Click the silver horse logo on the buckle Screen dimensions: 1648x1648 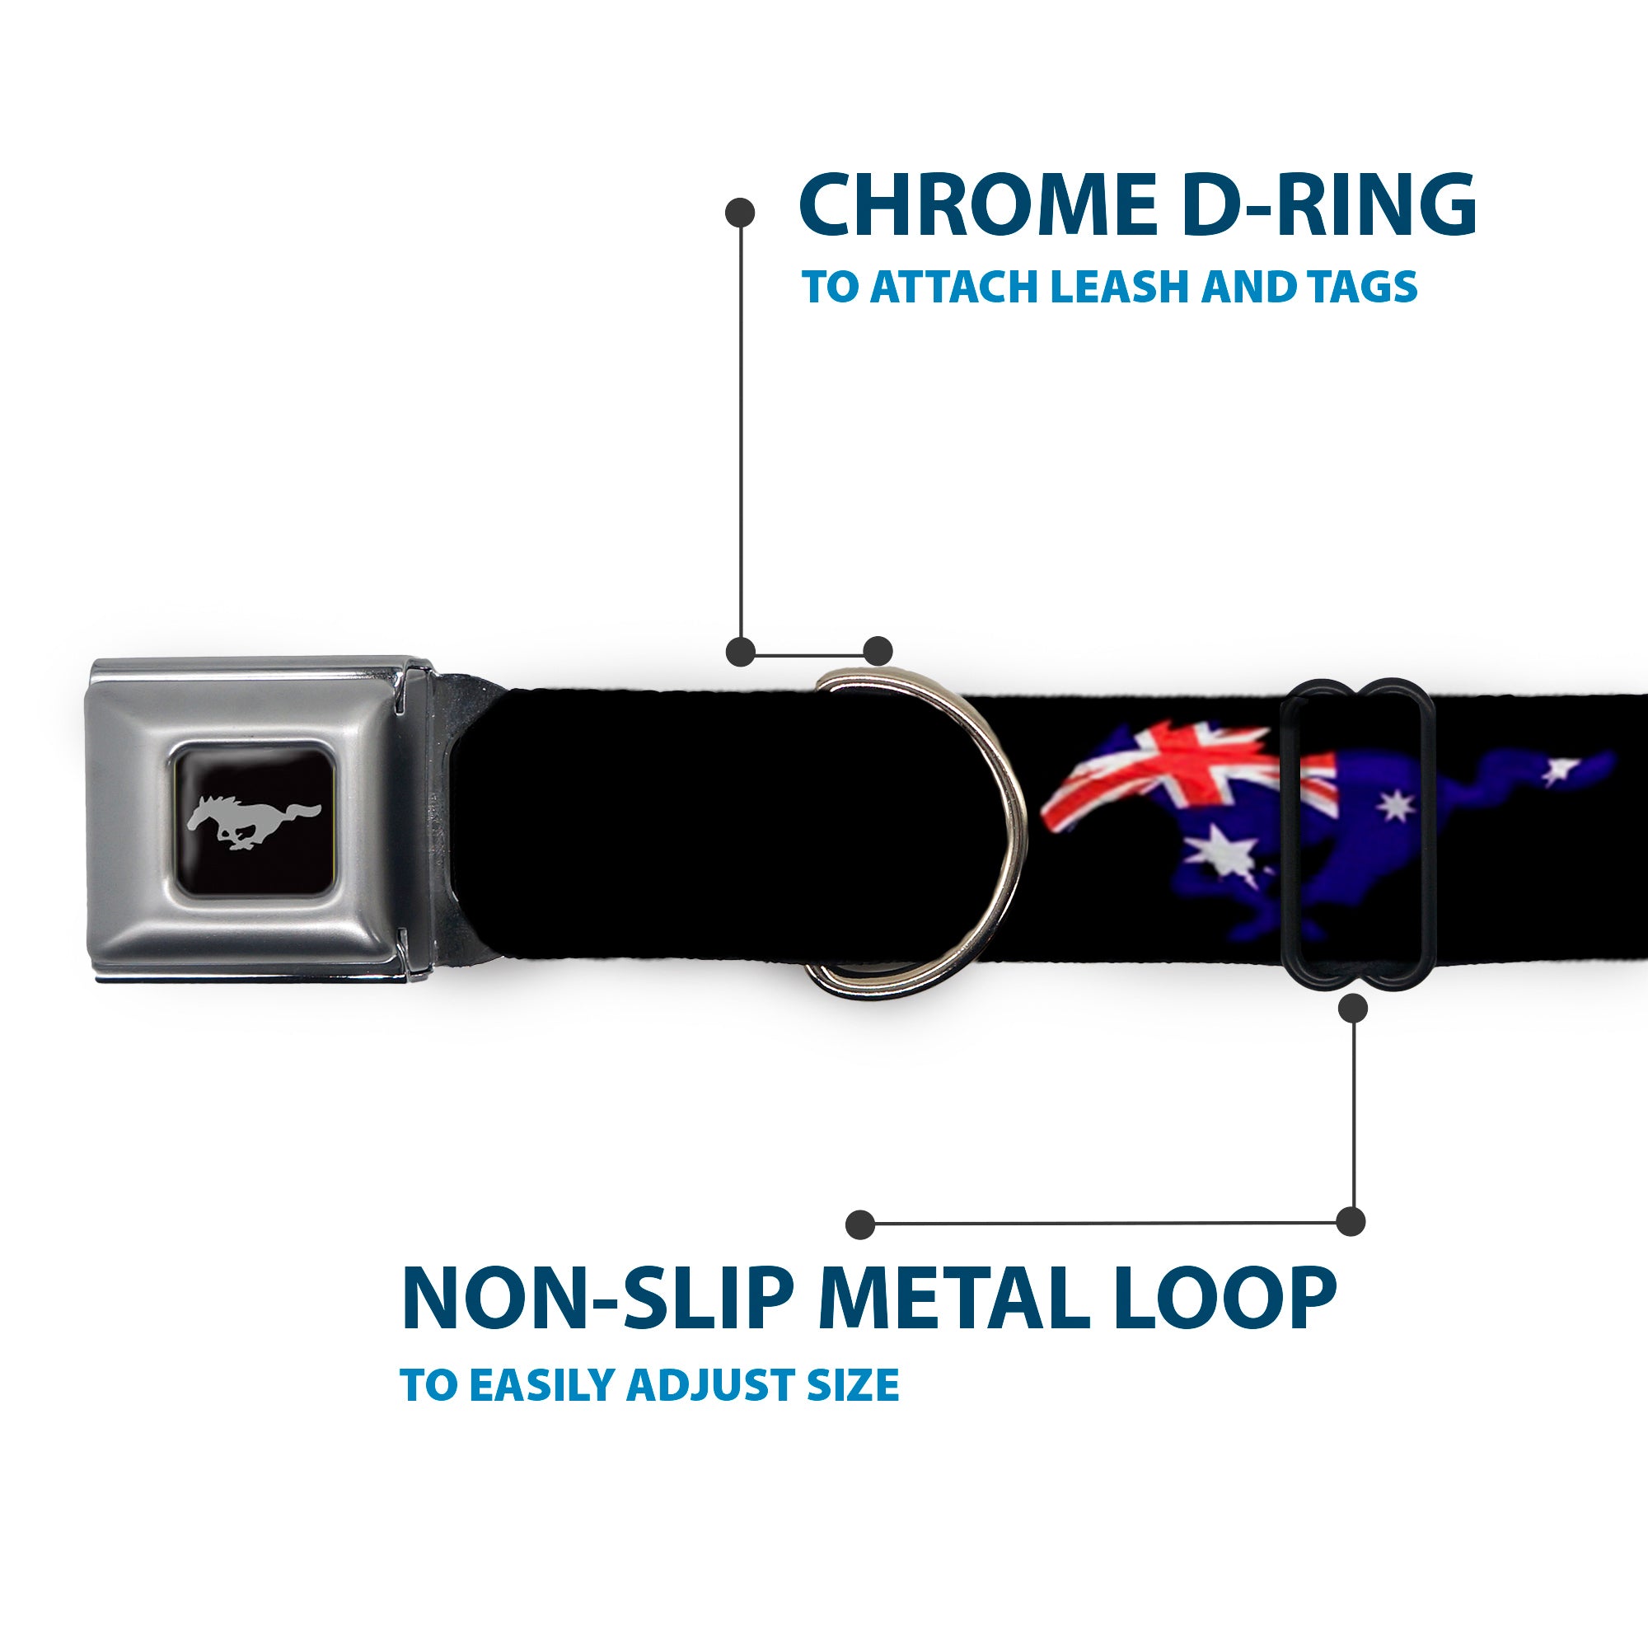253,823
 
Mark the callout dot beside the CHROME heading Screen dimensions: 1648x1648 740,213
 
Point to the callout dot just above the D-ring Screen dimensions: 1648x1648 878,651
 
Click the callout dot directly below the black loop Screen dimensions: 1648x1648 1354,1009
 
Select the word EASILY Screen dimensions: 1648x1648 546,1409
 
